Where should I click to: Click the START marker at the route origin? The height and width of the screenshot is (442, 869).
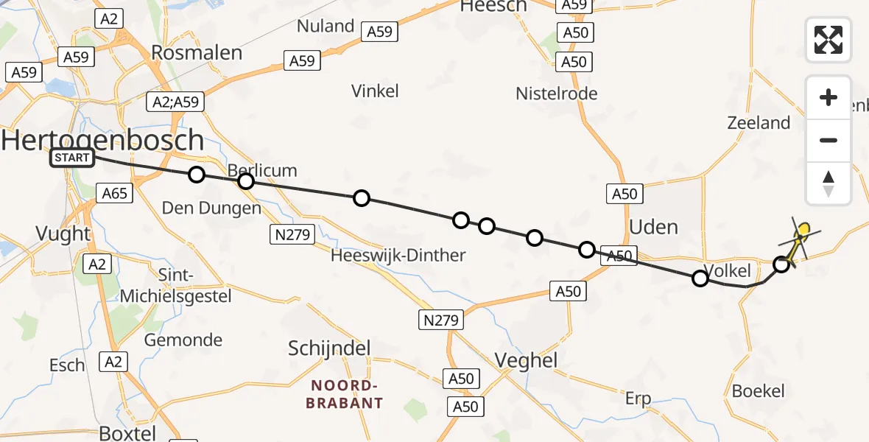(72, 157)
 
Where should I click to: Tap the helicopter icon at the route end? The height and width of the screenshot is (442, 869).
(801, 238)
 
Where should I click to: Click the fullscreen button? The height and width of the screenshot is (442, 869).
(828, 40)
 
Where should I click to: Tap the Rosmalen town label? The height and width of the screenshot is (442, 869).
(197, 52)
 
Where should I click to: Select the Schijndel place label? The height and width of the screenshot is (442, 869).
(329, 348)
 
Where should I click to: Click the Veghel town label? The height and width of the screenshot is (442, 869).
(526, 361)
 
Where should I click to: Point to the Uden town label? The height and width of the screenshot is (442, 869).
(654, 226)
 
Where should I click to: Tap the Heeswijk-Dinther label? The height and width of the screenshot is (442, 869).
(398, 256)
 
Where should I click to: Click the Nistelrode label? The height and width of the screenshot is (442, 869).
(557, 94)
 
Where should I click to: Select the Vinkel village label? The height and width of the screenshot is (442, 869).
(375, 91)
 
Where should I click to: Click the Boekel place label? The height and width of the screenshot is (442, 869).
(759, 391)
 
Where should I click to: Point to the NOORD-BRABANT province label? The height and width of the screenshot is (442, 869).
(346, 394)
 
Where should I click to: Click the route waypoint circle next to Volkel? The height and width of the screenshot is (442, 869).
(700, 278)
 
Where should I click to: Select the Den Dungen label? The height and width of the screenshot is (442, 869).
(211, 208)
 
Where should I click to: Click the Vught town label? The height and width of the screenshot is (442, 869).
(63, 234)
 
